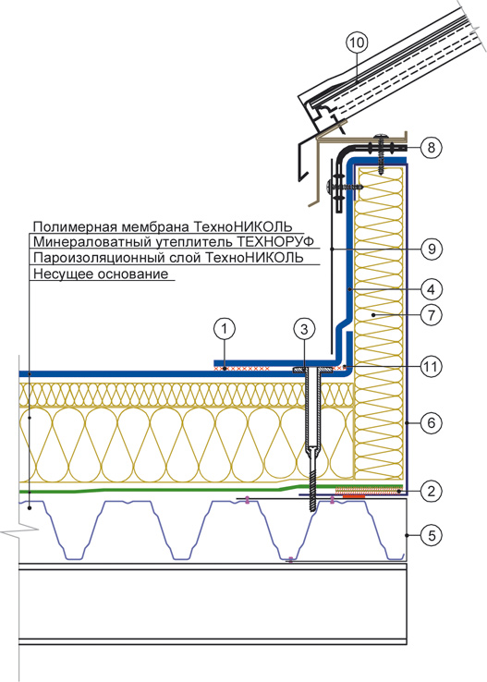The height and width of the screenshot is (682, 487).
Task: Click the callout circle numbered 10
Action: tap(357, 43)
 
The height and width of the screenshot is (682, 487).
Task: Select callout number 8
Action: tap(431, 148)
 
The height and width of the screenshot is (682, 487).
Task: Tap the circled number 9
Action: tap(431, 249)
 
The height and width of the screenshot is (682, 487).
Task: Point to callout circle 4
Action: tap(431, 289)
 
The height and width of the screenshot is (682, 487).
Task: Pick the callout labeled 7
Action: tap(431, 314)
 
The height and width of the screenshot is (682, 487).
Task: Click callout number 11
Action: tap(431, 366)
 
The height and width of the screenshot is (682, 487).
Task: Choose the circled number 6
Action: tap(431, 422)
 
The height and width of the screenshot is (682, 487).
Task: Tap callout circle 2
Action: tap(431, 492)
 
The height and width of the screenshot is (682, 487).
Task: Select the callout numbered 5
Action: tap(431, 535)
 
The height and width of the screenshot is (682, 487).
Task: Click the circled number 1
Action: tap(225, 329)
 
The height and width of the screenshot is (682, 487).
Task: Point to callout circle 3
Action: tap(304, 329)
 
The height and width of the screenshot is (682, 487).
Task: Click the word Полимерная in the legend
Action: tap(75, 227)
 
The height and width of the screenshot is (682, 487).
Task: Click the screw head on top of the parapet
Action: tap(382, 138)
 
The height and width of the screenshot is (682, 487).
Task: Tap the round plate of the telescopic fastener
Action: tap(312, 371)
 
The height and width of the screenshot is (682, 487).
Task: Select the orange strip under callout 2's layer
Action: tap(351, 496)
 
